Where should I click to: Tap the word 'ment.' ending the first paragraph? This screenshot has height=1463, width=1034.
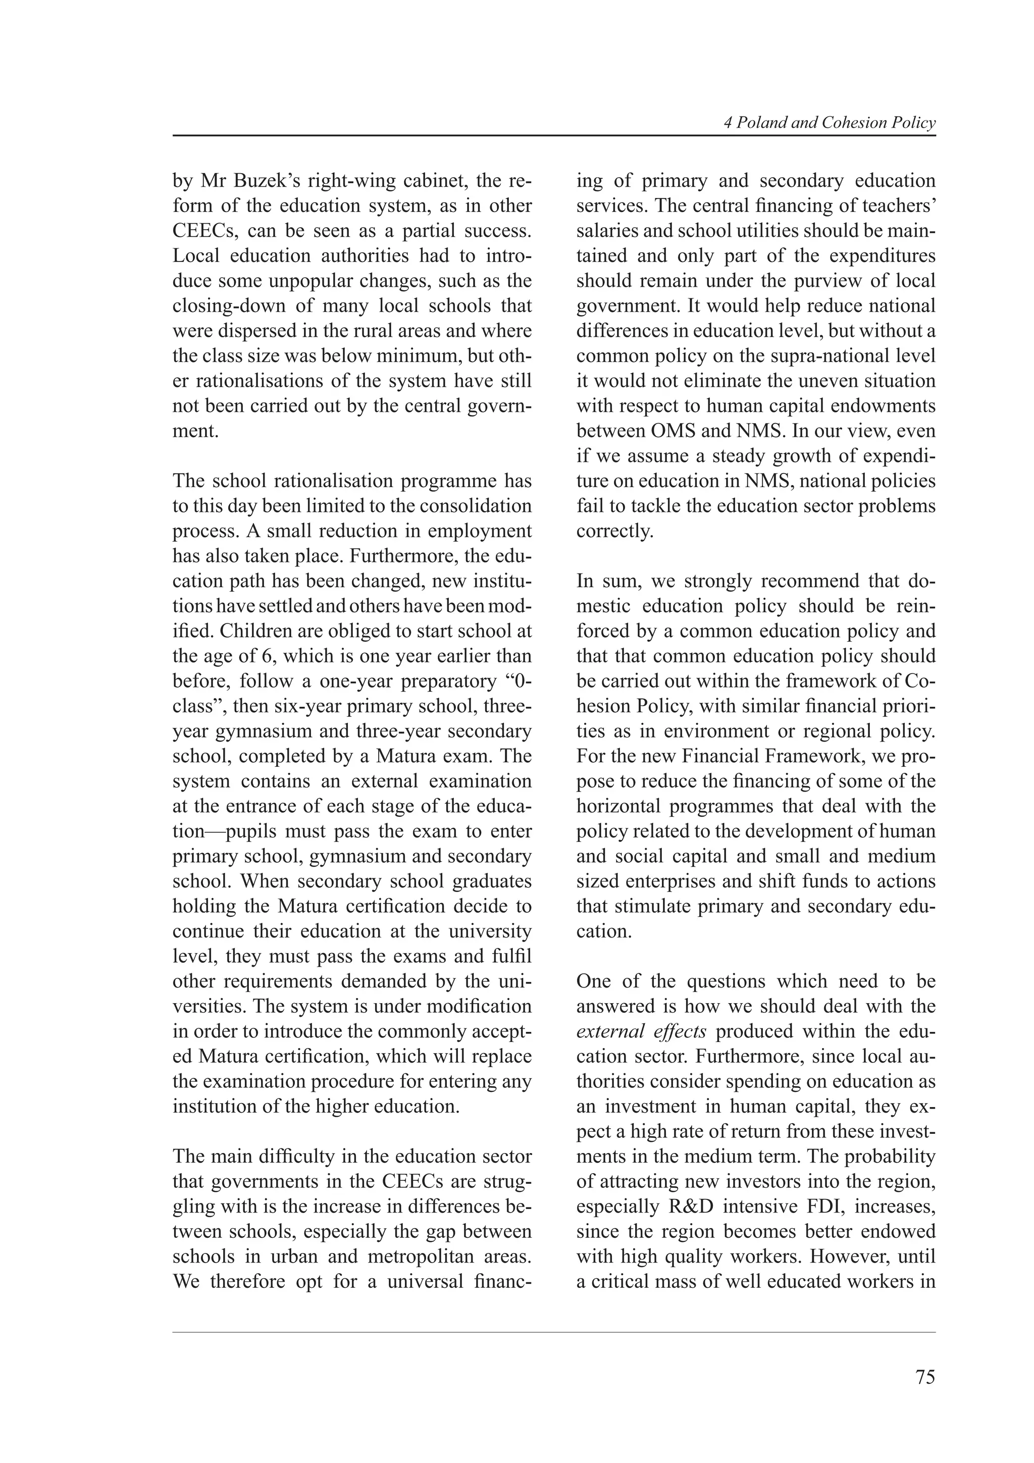coord(195,432)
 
